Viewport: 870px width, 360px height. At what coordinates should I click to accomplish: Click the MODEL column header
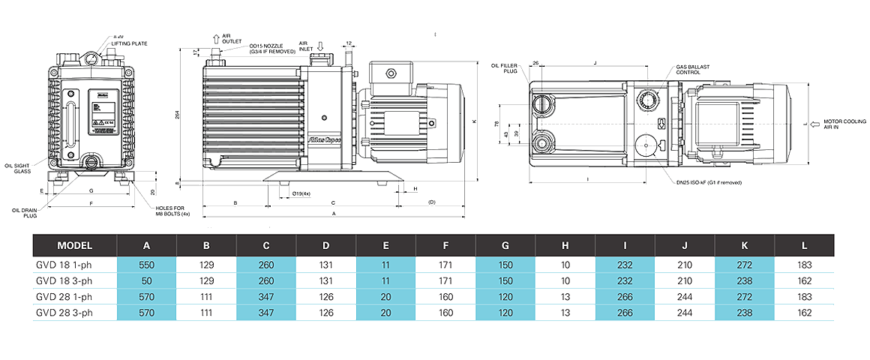coord(74,245)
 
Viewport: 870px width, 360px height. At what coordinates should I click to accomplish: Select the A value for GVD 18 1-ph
coord(146,265)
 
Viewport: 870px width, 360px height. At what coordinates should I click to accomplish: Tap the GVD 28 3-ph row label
coord(64,313)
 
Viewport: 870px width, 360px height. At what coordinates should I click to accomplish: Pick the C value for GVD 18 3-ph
coord(266,281)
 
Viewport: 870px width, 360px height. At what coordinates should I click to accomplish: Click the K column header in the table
coord(744,245)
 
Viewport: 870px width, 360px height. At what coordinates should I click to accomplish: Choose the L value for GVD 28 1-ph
coord(804,298)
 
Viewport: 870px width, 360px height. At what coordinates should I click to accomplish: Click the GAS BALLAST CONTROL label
coord(692,70)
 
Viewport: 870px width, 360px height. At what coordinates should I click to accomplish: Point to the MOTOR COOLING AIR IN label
coord(844,124)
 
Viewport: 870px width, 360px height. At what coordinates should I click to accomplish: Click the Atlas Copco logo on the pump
coord(324,139)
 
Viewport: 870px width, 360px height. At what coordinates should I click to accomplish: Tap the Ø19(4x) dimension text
coord(302,193)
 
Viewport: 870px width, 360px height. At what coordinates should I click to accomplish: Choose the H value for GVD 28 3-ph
coord(565,313)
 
